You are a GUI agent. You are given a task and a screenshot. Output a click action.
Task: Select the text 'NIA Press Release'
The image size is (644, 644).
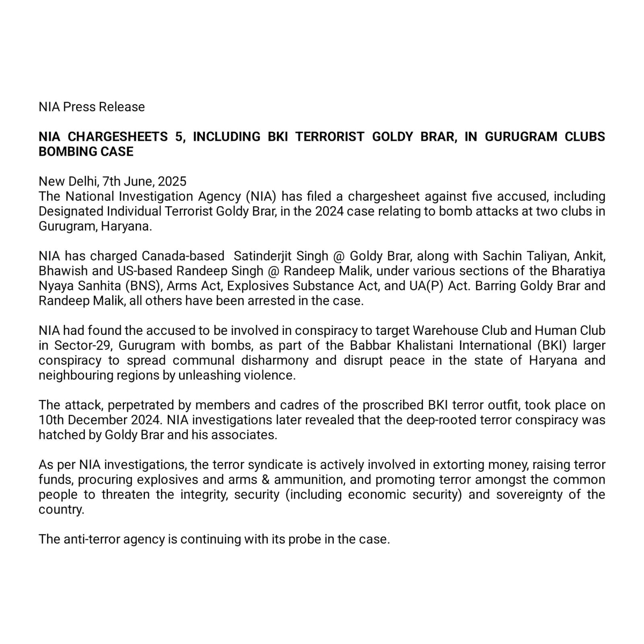pos(92,107)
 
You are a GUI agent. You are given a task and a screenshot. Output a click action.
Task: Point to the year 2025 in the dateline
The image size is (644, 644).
pos(172,181)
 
